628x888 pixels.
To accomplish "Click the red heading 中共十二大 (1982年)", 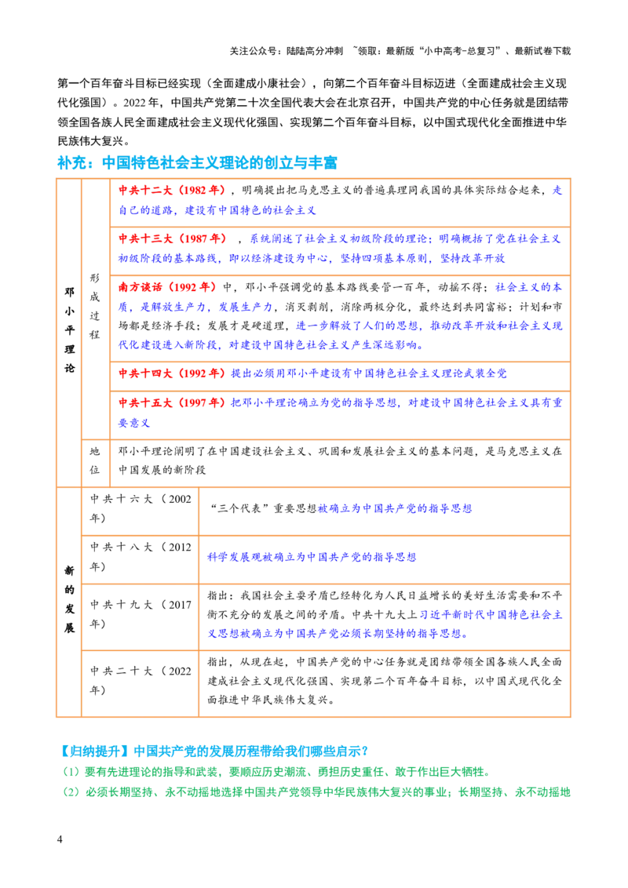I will (x=171, y=191).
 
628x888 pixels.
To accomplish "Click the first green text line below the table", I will (x=275, y=772).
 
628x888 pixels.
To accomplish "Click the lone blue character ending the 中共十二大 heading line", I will (x=557, y=191).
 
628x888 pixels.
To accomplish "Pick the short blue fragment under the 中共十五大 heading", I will (x=133, y=424).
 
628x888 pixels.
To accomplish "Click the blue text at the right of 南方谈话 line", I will (x=529, y=288).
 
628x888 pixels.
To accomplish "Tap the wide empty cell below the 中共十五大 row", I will (x=338, y=464).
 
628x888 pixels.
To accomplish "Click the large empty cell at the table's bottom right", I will (x=382, y=683).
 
